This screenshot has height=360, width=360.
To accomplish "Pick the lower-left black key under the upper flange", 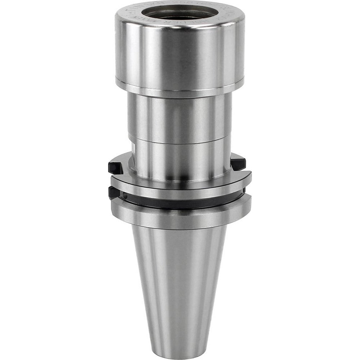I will [114, 193].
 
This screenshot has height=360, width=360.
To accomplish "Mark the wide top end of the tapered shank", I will [180, 234].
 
